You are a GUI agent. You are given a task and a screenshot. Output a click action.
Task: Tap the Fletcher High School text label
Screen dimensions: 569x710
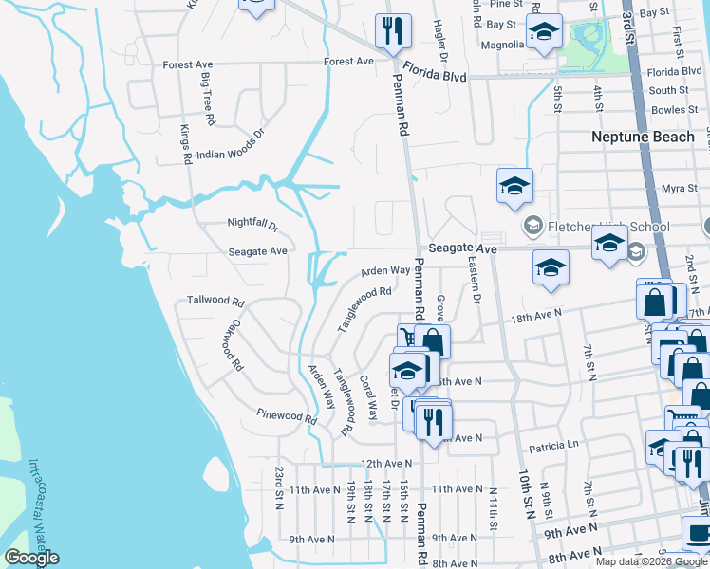tap(607, 227)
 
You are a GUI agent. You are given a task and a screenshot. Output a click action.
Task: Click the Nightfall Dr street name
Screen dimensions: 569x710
tap(252, 226)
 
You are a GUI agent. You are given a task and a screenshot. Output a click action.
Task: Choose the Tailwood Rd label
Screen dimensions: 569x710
tap(215, 300)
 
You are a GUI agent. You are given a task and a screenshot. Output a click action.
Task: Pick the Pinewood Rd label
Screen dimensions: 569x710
tap(287, 415)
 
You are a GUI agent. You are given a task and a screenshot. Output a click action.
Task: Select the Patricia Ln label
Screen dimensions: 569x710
tap(553, 444)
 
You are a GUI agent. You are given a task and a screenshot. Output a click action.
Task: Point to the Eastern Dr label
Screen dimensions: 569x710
tap(475, 285)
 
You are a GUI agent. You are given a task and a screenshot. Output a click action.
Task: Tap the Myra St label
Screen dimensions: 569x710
tap(680, 188)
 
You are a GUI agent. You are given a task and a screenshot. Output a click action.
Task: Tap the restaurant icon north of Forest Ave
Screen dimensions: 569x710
tap(391, 31)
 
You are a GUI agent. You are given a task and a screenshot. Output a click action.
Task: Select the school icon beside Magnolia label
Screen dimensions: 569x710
tap(544, 31)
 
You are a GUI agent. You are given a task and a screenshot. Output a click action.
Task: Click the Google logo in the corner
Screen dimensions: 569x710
tap(31, 558)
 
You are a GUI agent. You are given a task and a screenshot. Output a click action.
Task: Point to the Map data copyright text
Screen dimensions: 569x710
tap(651, 561)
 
